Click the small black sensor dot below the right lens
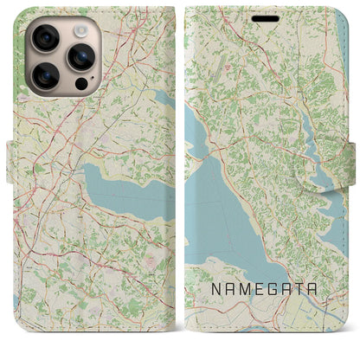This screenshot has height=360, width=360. [x=80, y=86]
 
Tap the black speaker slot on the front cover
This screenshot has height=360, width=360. [x=266, y=18]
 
